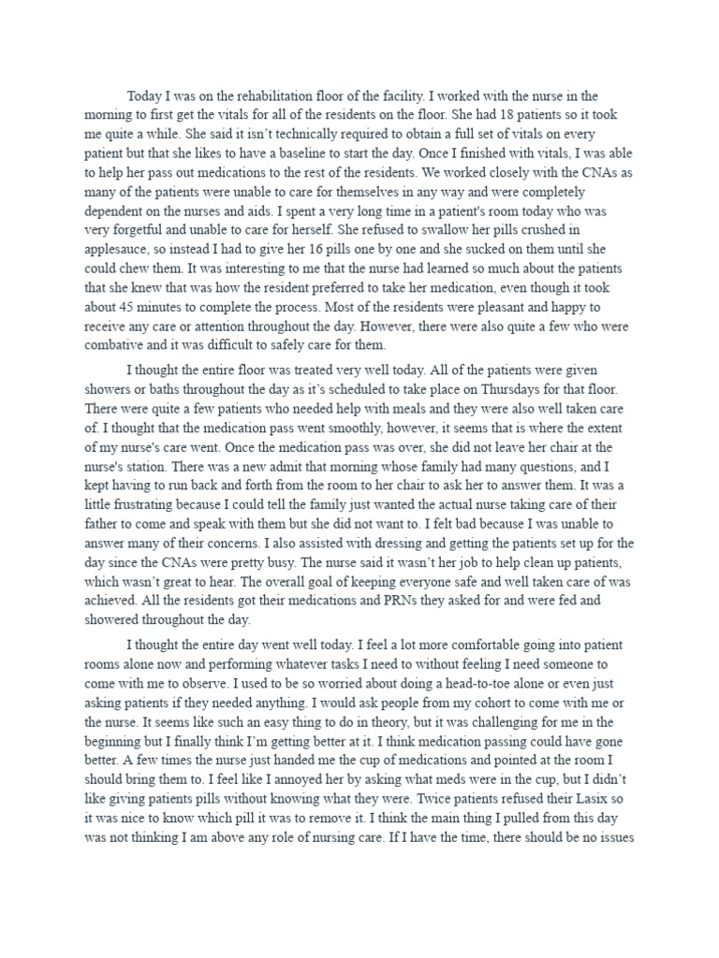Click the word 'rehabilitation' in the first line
291,95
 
